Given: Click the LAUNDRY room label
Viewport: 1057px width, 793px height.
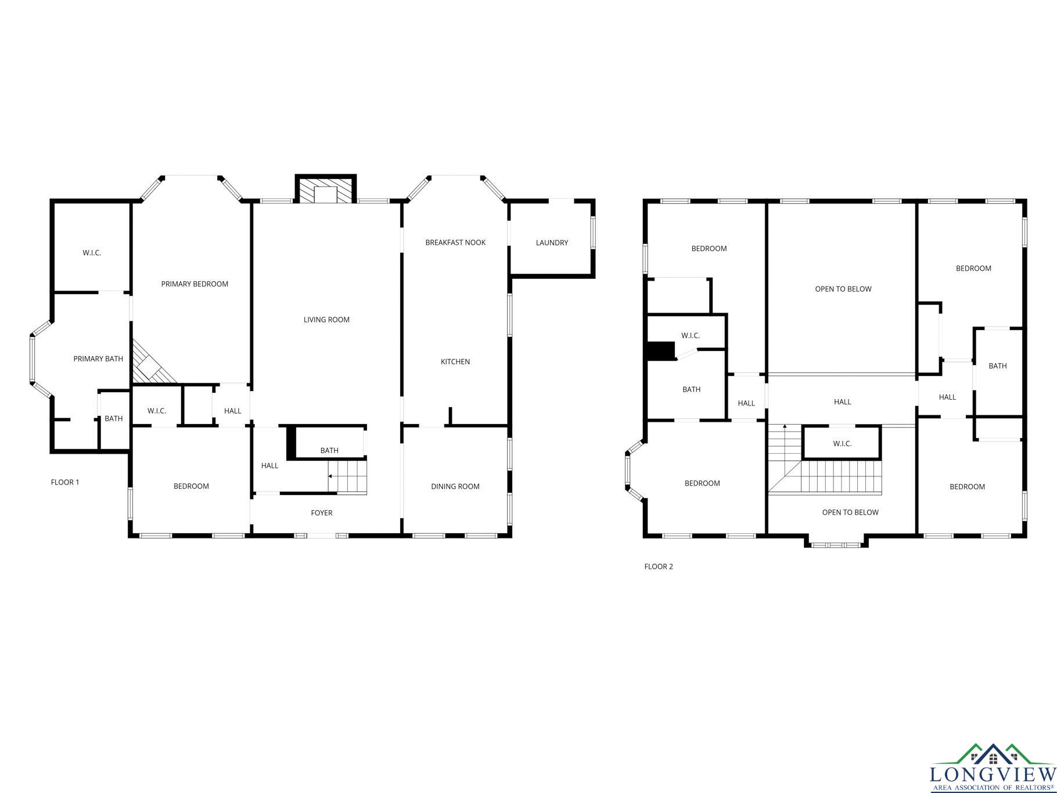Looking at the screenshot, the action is tap(552, 243).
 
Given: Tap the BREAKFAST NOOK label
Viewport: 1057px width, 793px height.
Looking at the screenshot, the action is tap(455, 242).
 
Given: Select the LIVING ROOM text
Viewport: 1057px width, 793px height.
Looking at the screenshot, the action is tap(326, 320).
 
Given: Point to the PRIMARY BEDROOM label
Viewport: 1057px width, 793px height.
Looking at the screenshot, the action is tap(195, 284).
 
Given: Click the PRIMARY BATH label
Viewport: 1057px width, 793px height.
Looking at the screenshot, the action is tap(98, 359).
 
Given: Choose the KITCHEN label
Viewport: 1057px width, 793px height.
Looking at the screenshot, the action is tap(455, 362).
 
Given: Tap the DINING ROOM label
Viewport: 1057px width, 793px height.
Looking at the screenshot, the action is tap(455, 487).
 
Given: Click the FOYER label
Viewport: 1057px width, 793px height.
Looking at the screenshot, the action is tap(322, 513).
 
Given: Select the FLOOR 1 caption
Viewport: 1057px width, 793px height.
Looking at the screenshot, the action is tap(65, 482).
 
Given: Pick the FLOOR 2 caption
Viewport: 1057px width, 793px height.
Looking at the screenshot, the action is tap(659, 566).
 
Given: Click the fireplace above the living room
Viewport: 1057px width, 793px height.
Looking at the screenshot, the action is tap(326, 189).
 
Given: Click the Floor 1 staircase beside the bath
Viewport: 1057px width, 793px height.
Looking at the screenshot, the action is tap(347, 476).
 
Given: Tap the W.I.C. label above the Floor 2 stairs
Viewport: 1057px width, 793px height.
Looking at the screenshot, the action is tap(842, 444).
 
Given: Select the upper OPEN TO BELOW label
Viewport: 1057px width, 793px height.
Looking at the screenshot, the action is tap(843, 289).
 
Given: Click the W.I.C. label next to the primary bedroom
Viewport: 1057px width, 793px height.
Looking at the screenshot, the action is tap(92, 253).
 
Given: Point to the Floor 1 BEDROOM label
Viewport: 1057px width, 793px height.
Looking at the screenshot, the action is tap(191, 486).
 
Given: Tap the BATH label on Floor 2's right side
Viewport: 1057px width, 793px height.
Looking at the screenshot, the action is tap(998, 366).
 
